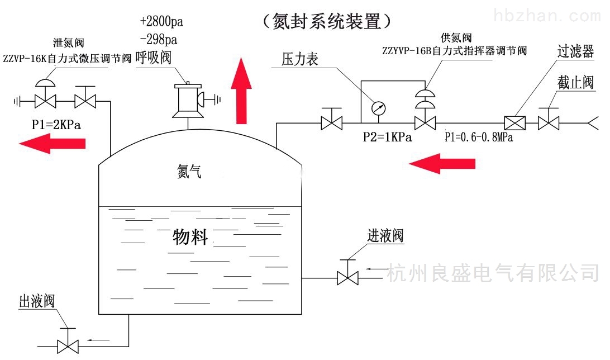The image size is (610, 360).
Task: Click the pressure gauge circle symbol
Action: [x=378, y=108]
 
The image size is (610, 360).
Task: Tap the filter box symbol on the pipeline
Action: [x=514, y=123]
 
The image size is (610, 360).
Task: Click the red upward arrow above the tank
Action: [x=241, y=91]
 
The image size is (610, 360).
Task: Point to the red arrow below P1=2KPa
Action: [x=52, y=143]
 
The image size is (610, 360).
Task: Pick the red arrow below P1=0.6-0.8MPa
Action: [x=442, y=163]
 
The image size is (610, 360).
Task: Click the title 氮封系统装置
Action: [x=326, y=21]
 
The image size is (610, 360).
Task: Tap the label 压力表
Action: [x=300, y=59]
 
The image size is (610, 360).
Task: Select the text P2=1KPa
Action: [x=387, y=137]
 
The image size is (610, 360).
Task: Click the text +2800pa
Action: [x=161, y=21]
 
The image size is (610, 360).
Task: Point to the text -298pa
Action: [x=159, y=39]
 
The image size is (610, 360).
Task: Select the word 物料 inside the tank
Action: [x=190, y=237]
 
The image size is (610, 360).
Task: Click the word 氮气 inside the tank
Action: [x=189, y=171]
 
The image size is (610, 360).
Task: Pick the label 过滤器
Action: [x=575, y=51]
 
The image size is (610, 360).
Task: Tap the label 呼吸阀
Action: [x=154, y=58]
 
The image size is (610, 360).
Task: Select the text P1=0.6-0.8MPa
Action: [x=479, y=137]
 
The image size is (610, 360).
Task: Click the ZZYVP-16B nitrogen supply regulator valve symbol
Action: [x=425, y=110]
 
